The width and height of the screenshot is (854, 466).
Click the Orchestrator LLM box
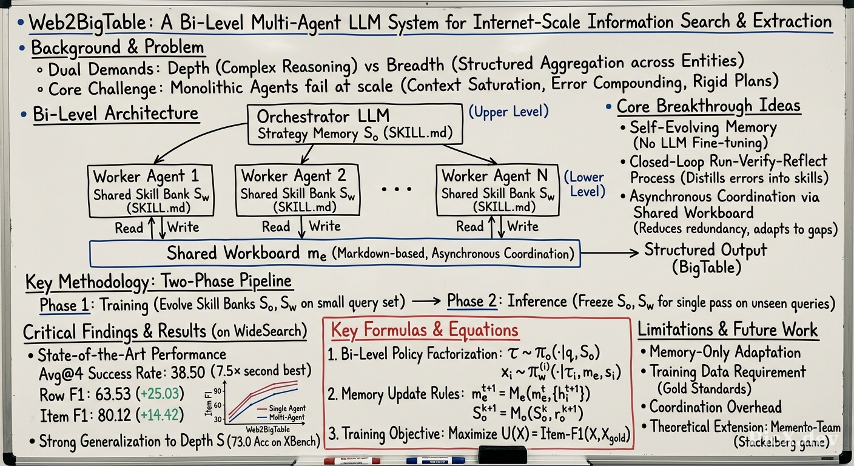tap(355, 125)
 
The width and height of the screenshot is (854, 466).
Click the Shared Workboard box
tap(335, 253)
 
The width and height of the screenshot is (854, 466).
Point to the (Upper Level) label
tap(509, 112)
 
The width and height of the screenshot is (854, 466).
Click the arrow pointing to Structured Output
tap(609, 252)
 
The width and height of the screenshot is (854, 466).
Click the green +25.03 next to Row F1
tap(160, 393)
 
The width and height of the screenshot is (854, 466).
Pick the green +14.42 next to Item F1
tap(160, 414)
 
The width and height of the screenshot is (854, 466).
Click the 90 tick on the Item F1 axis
tap(217, 391)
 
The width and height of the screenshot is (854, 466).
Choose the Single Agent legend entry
tap(281, 408)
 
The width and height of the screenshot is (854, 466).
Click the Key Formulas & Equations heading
tap(425, 329)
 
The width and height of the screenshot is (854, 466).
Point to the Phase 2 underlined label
tap(472, 301)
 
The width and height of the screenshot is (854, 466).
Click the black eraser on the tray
tap(502, 455)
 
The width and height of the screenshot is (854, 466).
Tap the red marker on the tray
tap(352, 461)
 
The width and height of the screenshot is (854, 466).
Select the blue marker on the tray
tap(435, 461)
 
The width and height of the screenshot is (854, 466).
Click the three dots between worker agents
tap(397, 189)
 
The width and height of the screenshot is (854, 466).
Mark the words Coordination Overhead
tap(716, 407)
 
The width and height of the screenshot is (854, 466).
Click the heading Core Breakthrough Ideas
tap(709, 106)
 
